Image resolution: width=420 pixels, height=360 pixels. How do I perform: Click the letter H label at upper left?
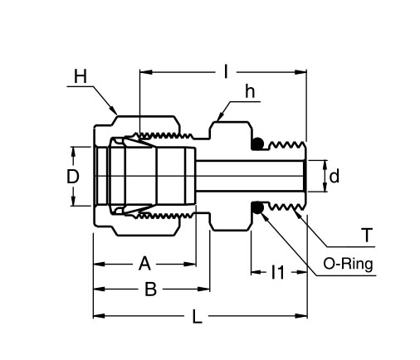[80, 76]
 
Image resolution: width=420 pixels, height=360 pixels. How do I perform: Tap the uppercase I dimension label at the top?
[225, 72]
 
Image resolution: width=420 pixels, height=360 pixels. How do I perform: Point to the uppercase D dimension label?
[73, 177]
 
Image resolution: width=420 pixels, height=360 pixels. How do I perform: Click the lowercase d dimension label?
[334, 176]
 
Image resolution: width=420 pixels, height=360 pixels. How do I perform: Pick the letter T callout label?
[366, 236]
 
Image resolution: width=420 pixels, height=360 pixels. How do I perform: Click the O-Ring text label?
[348, 265]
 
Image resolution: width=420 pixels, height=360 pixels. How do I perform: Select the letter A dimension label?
[144, 264]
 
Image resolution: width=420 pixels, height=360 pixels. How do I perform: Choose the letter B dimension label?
[150, 289]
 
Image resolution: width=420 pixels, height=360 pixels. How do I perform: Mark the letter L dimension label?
[196, 316]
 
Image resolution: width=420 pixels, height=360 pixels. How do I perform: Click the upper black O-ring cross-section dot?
[258, 144]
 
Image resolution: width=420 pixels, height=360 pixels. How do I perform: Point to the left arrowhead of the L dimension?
[97, 316]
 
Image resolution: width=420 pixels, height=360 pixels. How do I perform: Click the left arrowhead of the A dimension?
[97, 264]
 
